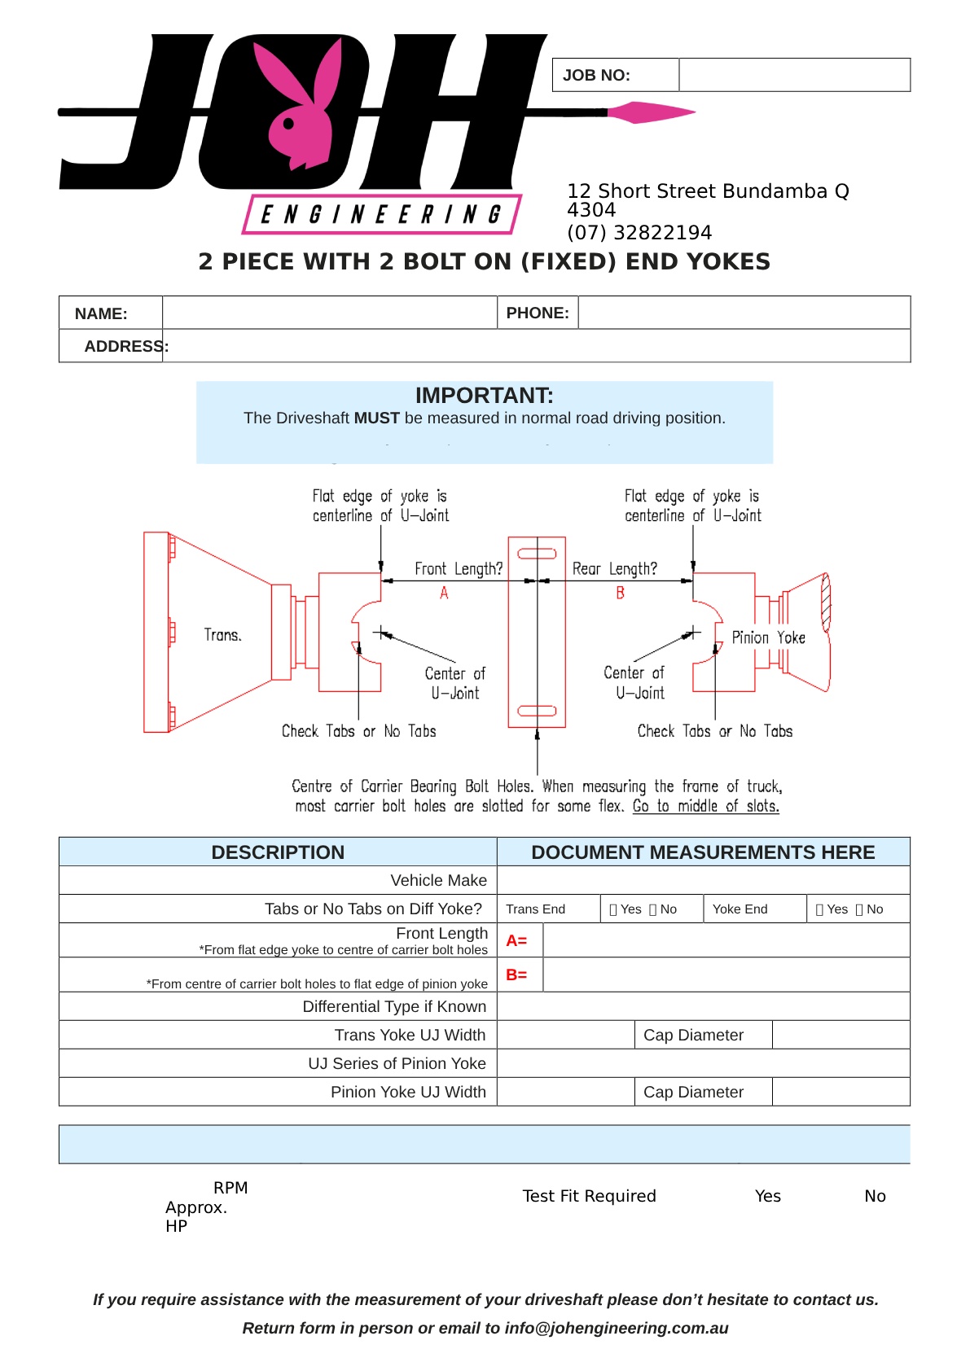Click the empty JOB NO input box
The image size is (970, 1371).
tap(794, 75)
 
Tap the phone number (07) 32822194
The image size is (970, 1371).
tap(639, 233)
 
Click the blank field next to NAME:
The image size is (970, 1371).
tap(330, 313)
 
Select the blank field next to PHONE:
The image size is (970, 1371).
tap(744, 313)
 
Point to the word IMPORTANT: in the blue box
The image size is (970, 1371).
tap(485, 396)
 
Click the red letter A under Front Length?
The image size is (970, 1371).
tap(444, 593)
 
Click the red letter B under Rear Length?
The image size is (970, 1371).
tap(620, 593)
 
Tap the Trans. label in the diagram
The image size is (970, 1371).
tap(222, 635)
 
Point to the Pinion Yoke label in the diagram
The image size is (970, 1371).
tap(769, 637)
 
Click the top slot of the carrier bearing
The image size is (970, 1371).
tap(537, 554)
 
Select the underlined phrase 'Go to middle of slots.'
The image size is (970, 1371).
tap(705, 806)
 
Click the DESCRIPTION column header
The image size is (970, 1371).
tap(278, 852)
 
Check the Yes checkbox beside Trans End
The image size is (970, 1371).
tap(613, 909)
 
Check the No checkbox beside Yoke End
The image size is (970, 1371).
tap(859, 909)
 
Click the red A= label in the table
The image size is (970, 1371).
tap(516, 940)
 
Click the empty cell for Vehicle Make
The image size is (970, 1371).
tap(703, 880)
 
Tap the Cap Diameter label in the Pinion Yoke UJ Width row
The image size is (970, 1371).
tap(693, 1092)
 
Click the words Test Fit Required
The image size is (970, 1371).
tap(589, 1196)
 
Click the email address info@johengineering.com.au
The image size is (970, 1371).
tap(617, 1328)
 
